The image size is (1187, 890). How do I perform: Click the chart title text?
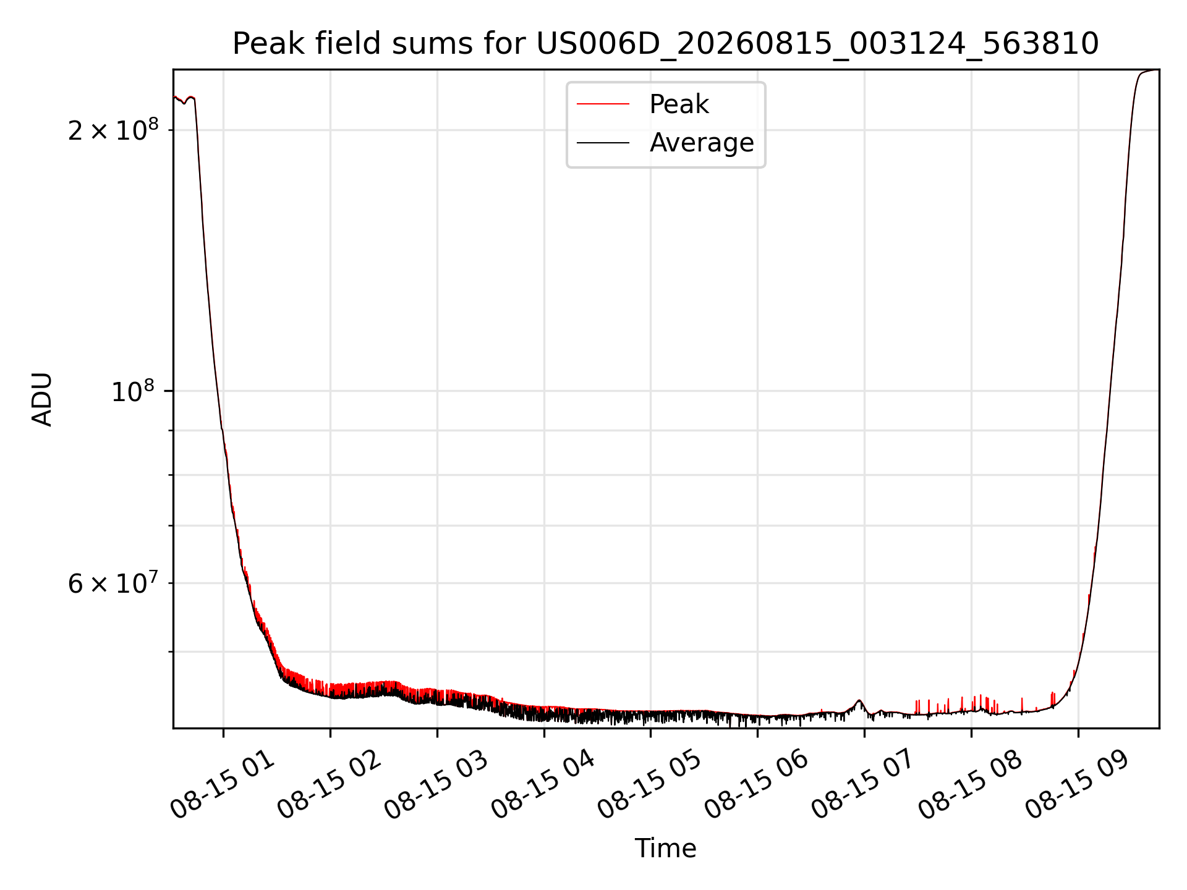[x=665, y=44]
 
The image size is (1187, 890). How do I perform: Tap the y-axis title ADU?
[x=42, y=399]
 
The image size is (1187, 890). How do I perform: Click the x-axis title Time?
[x=665, y=849]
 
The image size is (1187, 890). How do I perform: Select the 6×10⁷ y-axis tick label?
[x=113, y=583]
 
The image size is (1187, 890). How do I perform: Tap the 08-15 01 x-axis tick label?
[x=223, y=786]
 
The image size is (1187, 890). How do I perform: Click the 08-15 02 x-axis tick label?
[x=330, y=786]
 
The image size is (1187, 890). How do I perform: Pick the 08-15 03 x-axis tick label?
[x=436, y=786]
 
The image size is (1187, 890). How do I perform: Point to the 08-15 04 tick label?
[x=543, y=786]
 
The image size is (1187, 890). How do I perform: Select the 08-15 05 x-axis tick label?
[x=650, y=786]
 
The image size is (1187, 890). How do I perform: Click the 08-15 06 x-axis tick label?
[x=757, y=786]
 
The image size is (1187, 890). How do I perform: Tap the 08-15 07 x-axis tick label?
[x=864, y=786]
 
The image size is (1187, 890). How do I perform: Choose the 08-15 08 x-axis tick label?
[x=971, y=786]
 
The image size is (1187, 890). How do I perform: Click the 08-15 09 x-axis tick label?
[x=1078, y=786]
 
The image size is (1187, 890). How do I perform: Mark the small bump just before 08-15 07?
[x=859, y=701]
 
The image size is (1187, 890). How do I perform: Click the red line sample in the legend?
[x=603, y=104]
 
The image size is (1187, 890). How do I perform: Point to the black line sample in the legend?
[x=603, y=143]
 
